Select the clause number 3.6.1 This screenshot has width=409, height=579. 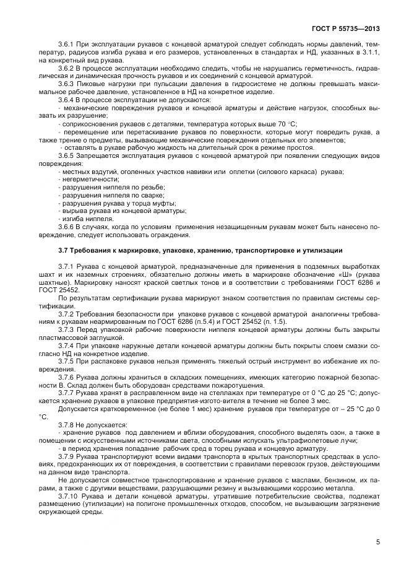[66, 45]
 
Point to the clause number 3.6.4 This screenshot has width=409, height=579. [66, 100]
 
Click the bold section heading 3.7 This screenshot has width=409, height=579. [65, 250]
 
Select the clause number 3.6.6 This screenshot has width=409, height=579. [66, 227]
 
